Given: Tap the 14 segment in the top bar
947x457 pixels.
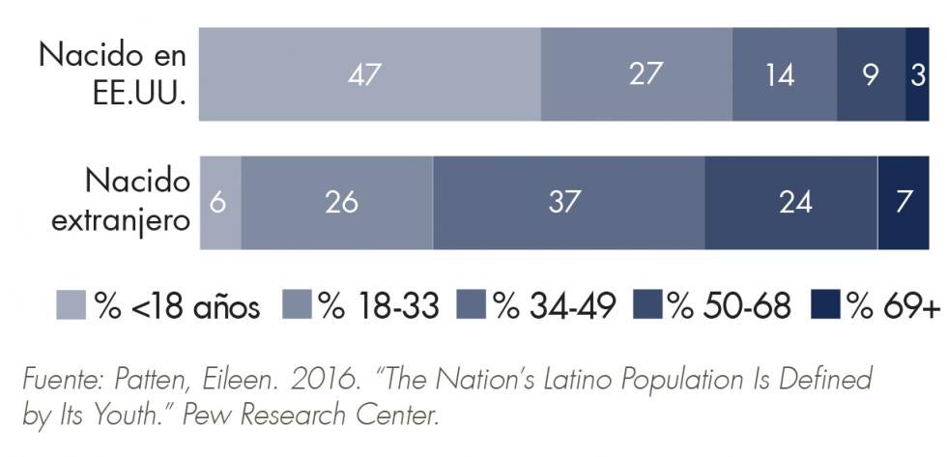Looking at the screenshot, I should coord(784,74).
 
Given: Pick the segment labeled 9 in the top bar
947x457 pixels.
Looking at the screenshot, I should coord(871,74).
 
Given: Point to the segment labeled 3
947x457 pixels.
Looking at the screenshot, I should coord(917,74).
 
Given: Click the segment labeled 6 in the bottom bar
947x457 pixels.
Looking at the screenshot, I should coord(220,203).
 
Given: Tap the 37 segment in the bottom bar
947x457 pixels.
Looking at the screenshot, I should coord(568,203).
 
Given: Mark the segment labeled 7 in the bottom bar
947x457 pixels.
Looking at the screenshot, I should coord(904,203).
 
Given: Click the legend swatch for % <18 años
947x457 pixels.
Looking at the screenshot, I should coord(71,305).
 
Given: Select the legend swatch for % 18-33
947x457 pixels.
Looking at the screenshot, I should coord(298,305).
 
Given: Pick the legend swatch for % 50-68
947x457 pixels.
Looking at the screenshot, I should coord(648,305).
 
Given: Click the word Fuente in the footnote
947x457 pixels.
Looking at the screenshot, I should coord(59,378).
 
